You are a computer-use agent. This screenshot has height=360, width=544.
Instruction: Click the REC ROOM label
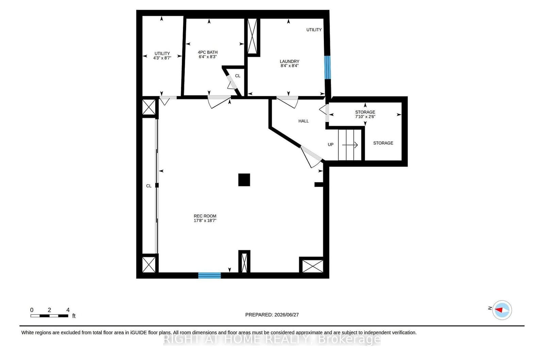coord(205,216)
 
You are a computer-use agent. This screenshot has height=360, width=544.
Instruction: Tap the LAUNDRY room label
coord(289,62)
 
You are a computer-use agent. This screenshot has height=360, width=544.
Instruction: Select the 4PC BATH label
coord(208,52)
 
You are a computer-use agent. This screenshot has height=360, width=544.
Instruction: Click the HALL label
coord(303,121)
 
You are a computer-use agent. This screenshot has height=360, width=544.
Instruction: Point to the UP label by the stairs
coord(331,145)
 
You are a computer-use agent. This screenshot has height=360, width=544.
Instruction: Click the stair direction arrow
coord(350,145)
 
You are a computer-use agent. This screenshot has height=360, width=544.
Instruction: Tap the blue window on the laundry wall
coord(327,67)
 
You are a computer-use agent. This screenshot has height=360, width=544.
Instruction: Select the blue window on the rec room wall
coord(209,276)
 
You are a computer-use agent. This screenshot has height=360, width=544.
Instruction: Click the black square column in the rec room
coord(244,180)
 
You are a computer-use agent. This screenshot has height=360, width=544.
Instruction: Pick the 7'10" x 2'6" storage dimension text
coord(365,117)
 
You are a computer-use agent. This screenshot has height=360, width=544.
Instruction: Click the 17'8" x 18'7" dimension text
coord(205,220)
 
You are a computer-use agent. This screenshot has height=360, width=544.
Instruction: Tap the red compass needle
coord(499,310)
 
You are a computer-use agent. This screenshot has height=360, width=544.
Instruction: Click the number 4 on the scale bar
coord(68,310)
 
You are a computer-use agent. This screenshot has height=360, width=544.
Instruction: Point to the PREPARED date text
coord(272,315)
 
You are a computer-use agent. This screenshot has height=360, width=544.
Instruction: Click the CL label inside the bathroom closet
coord(237,76)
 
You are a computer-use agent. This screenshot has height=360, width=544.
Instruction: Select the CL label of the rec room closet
coord(149,186)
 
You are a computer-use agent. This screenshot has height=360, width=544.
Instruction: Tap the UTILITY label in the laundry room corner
coord(314,30)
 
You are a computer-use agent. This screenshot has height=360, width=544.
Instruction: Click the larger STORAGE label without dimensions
coord(383,143)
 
